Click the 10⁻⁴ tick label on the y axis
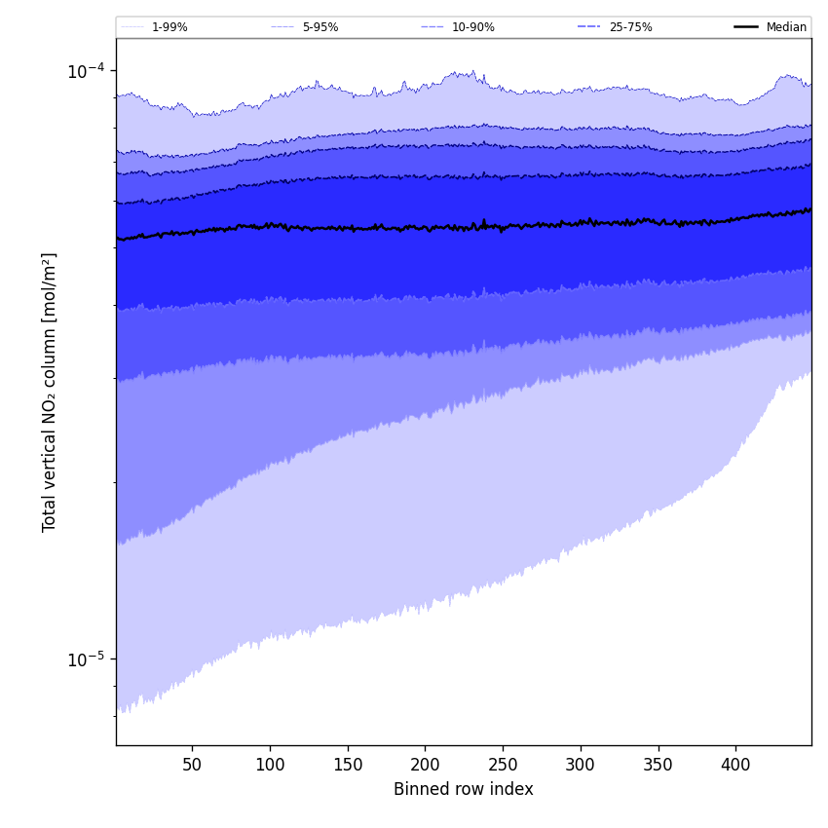86,71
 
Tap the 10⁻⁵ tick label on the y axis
86,659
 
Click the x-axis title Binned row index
464,789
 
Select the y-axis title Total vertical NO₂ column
50,392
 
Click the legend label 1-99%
169,27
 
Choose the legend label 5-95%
320,27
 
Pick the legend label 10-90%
473,27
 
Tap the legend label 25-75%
630,27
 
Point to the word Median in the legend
786,27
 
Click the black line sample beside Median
746,27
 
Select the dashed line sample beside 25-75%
588,27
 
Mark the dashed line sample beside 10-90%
433,27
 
